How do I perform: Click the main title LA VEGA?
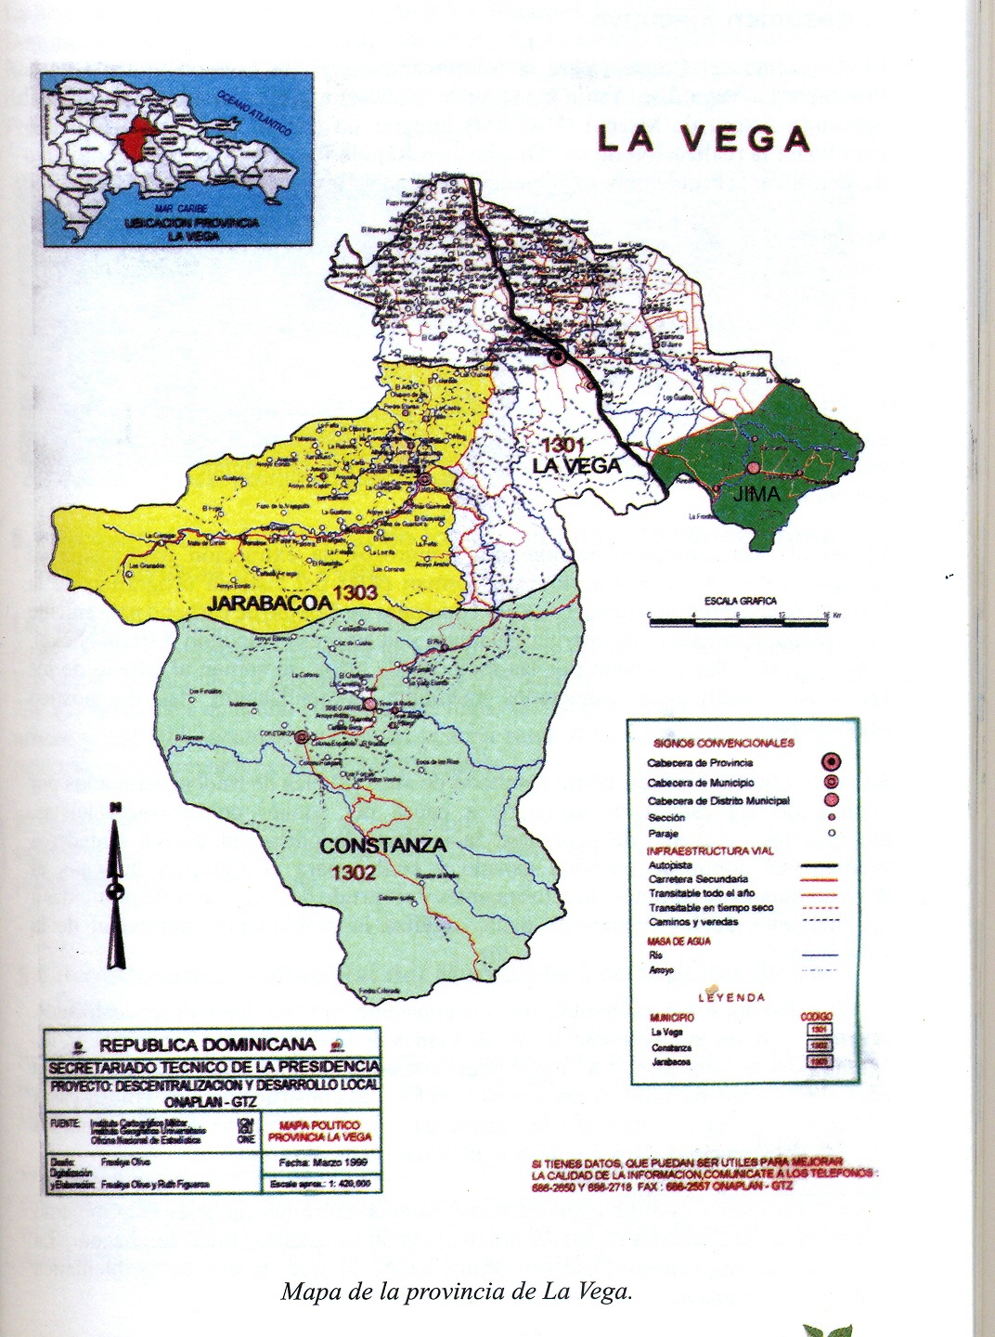coord(704,137)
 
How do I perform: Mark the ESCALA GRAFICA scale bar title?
coord(740,601)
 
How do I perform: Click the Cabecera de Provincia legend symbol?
coord(831,762)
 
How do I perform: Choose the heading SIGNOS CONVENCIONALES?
coord(724,744)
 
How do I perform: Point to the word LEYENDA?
coord(732,997)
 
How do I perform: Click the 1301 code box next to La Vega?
coord(818,1030)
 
